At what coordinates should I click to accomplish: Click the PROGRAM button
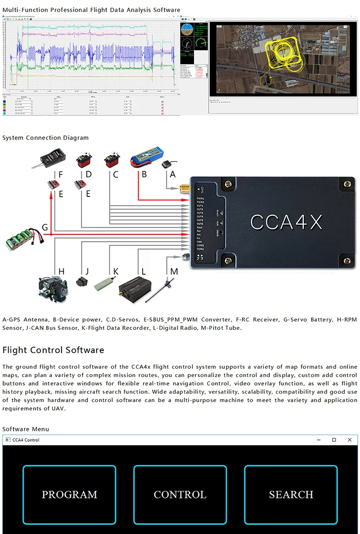pyautogui.click(x=69, y=495)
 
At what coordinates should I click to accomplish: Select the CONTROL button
pyautogui.click(x=180, y=495)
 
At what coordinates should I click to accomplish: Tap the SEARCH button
pyautogui.click(x=291, y=495)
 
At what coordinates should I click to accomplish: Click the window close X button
pyautogui.click(x=350, y=440)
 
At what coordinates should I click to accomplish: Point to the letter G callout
pyautogui.click(x=45, y=227)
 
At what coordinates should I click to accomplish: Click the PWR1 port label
pyautogui.click(x=200, y=198)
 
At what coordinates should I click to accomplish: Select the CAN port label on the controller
pyautogui.click(x=200, y=242)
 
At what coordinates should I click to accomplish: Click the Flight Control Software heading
pyautogui.click(x=53, y=350)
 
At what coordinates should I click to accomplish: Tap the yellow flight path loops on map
pyautogui.click(x=280, y=53)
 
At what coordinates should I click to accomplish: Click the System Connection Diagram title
pyautogui.click(x=46, y=138)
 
